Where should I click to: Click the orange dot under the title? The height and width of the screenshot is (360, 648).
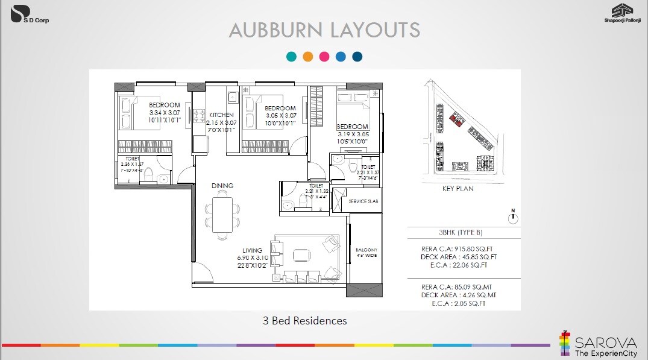click(308, 57)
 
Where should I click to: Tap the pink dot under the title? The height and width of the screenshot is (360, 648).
click(324, 57)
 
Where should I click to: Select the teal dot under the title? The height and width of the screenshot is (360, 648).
click(292, 57)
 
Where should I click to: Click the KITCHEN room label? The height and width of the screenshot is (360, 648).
click(221, 115)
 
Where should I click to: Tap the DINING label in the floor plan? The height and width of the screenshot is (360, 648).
click(222, 186)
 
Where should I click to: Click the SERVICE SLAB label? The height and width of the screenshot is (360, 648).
click(364, 201)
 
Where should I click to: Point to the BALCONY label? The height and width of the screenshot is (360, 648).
click(365, 250)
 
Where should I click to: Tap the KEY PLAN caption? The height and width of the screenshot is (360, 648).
click(458, 189)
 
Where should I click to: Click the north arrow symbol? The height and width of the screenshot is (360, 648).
click(513, 218)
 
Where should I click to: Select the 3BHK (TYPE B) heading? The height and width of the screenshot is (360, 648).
click(461, 233)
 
